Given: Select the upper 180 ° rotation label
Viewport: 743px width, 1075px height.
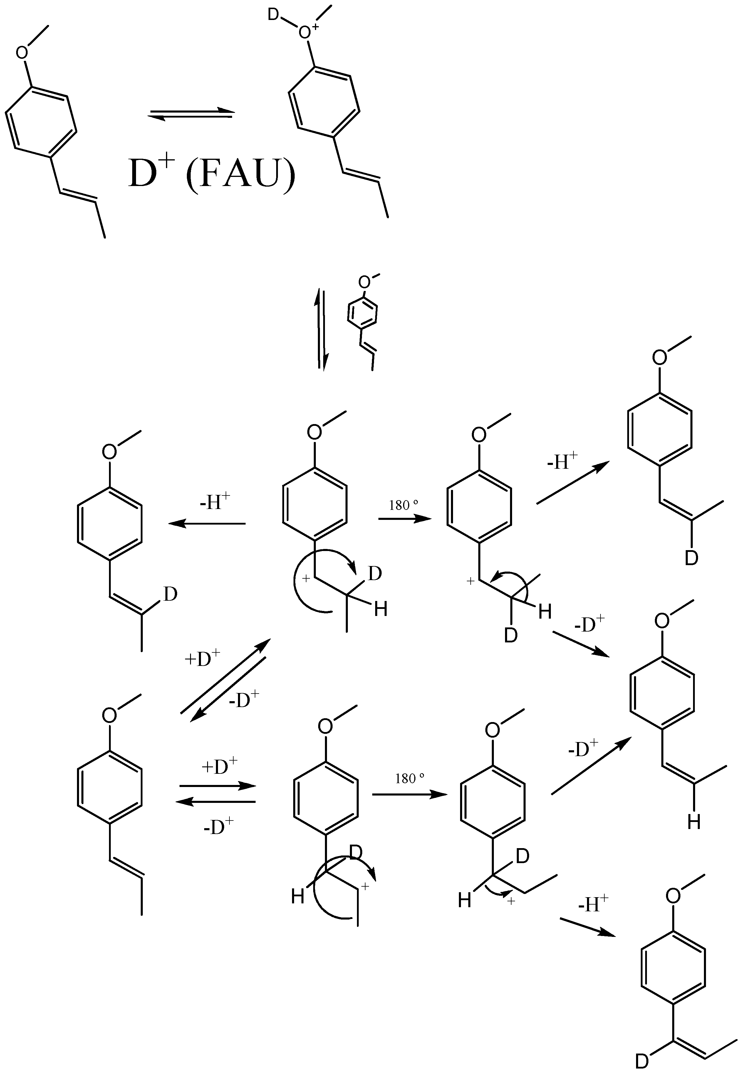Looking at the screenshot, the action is click(404, 505).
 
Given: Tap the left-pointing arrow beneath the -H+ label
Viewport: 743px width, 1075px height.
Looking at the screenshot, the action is click(207, 524).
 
